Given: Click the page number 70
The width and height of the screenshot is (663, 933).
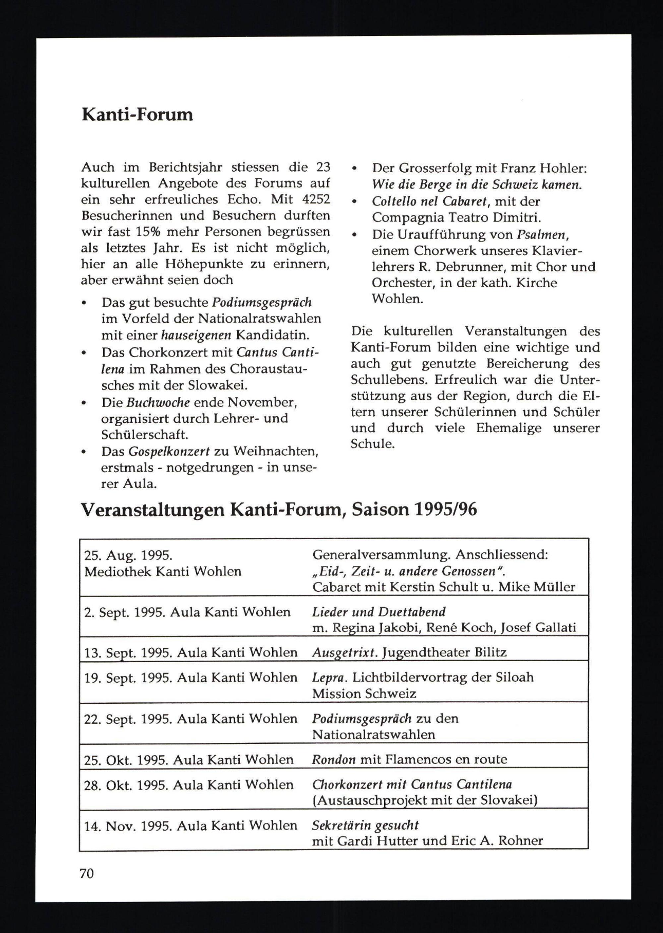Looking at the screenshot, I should (87, 874).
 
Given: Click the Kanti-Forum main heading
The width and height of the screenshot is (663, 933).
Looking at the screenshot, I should (137, 115).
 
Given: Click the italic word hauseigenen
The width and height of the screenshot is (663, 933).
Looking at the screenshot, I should (196, 335).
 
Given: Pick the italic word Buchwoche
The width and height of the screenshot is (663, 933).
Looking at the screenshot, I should (158, 402).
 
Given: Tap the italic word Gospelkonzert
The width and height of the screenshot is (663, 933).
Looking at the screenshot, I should (169, 451).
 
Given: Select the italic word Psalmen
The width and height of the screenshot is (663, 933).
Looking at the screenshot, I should (541, 235).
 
